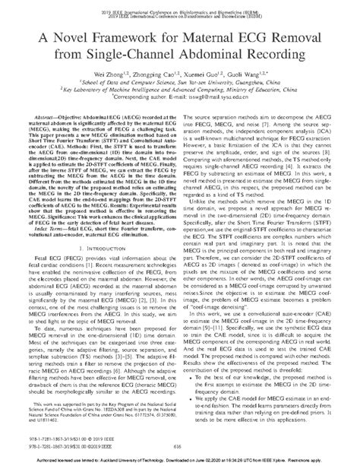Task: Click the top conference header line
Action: tap(180, 13)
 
